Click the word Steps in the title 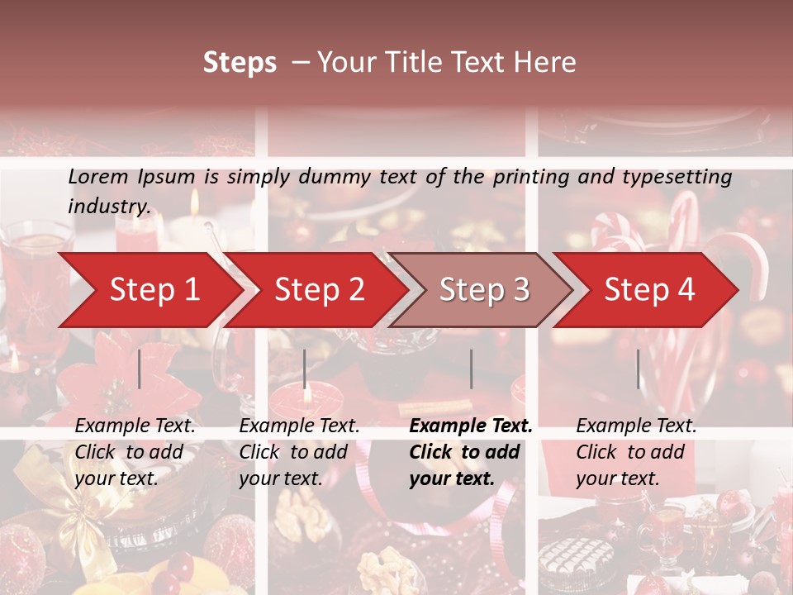click(240, 63)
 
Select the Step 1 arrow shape click(149, 290)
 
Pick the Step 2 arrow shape click(319, 290)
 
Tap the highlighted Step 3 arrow click(484, 290)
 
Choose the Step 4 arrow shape click(649, 290)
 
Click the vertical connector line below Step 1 click(140, 369)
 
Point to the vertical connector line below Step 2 click(305, 369)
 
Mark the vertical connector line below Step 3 click(472, 369)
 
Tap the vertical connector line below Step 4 click(639, 369)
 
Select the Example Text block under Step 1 click(135, 452)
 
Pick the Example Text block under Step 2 click(299, 452)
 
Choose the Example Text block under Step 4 click(636, 452)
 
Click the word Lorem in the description click(98, 177)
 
